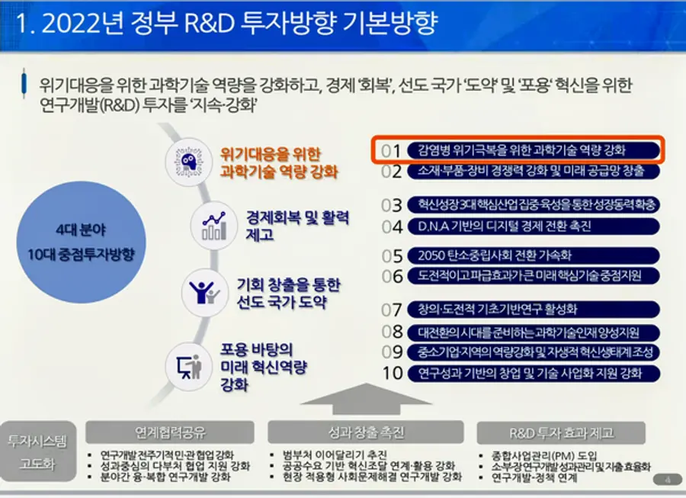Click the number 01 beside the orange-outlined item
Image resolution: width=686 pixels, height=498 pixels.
click(391, 150)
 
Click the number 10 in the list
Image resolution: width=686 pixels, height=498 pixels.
click(392, 373)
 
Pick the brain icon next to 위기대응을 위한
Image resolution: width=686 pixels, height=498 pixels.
click(188, 160)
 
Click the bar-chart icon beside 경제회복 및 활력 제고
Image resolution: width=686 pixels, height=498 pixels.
click(212, 225)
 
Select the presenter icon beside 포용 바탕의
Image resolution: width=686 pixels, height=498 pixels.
click(188, 366)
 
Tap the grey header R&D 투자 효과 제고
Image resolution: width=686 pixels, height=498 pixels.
click(561, 432)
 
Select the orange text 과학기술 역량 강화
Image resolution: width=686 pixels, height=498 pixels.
click(278, 171)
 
